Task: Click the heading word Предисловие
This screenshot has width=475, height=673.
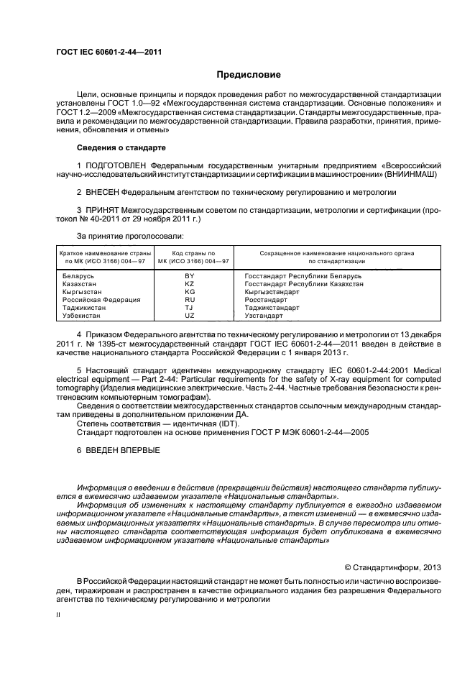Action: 249,75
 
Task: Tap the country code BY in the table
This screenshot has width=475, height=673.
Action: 190,276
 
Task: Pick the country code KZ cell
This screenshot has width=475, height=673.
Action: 190,284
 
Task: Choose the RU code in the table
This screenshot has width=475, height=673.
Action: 190,300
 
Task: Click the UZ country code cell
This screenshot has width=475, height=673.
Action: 190,316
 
